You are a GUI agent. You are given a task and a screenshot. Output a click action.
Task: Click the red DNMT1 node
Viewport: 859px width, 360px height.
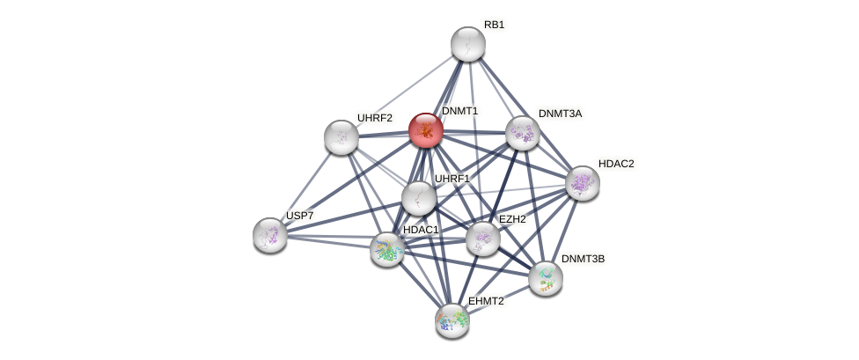coord(426,130)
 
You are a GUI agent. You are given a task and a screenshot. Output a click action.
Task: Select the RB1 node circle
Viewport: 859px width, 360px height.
coord(468,44)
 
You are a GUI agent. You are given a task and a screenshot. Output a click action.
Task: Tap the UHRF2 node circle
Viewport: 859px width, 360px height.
coord(341,136)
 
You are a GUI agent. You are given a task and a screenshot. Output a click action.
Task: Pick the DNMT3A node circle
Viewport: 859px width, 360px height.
coord(523,133)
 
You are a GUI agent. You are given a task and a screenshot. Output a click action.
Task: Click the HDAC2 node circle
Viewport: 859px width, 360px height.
coord(582,183)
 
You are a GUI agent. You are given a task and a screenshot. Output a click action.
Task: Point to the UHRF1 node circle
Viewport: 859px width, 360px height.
coord(419,197)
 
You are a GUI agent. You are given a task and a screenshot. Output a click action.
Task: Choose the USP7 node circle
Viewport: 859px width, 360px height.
coord(270,235)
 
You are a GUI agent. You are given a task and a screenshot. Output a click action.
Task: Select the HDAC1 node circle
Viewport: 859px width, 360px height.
coord(387,249)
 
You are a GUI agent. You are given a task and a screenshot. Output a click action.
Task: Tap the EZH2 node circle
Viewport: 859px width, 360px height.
coord(482,238)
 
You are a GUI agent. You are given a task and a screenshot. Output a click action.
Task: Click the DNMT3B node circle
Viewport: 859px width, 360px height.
coord(546,278)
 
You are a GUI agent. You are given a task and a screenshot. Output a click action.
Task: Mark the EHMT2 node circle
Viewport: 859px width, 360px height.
coord(452,320)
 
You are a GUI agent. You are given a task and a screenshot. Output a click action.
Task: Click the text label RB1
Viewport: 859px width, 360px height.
coord(494,25)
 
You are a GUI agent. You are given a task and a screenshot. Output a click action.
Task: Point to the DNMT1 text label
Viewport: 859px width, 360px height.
coord(459,111)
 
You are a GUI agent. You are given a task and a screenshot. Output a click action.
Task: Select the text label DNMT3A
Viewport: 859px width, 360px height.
coord(559,114)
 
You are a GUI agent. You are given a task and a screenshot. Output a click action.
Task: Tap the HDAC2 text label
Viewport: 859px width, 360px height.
coord(615,164)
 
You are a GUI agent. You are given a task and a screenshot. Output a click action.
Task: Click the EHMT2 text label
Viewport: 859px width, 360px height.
coord(486,301)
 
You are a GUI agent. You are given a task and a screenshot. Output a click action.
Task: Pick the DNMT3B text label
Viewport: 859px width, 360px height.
coord(583,259)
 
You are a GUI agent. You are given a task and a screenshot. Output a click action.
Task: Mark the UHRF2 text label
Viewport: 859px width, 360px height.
coord(374,117)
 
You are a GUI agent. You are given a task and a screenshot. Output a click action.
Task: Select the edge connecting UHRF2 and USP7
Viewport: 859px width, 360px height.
coord(305,186)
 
